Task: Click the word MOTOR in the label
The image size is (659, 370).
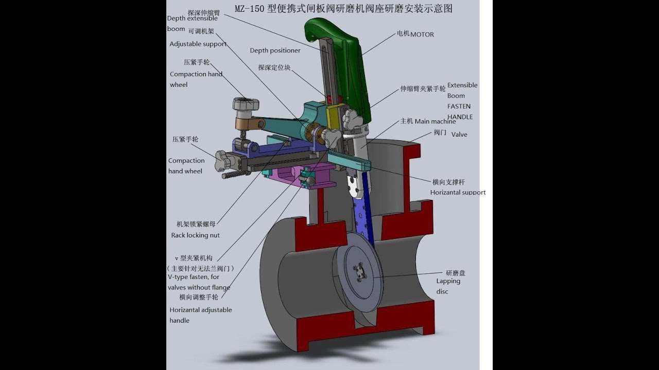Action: [x=422, y=34]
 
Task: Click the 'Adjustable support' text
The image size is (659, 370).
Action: [x=198, y=44]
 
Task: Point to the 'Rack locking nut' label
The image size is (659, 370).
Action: [x=195, y=235]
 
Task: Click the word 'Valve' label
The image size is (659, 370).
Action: [x=459, y=135]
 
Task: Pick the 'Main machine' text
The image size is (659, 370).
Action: [x=435, y=122]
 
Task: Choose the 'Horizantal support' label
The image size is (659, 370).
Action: [x=458, y=192]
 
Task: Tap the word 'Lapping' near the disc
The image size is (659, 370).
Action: [x=448, y=281]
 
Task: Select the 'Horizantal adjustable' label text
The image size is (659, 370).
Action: [x=200, y=310]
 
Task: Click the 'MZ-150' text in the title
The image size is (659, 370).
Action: [x=250, y=9]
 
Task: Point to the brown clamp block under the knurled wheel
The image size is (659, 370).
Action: [x=247, y=123]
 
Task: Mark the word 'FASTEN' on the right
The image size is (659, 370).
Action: [x=459, y=106]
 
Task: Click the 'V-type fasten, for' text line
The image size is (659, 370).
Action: [x=194, y=277]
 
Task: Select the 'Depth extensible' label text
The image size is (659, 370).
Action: [x=192, y=18]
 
